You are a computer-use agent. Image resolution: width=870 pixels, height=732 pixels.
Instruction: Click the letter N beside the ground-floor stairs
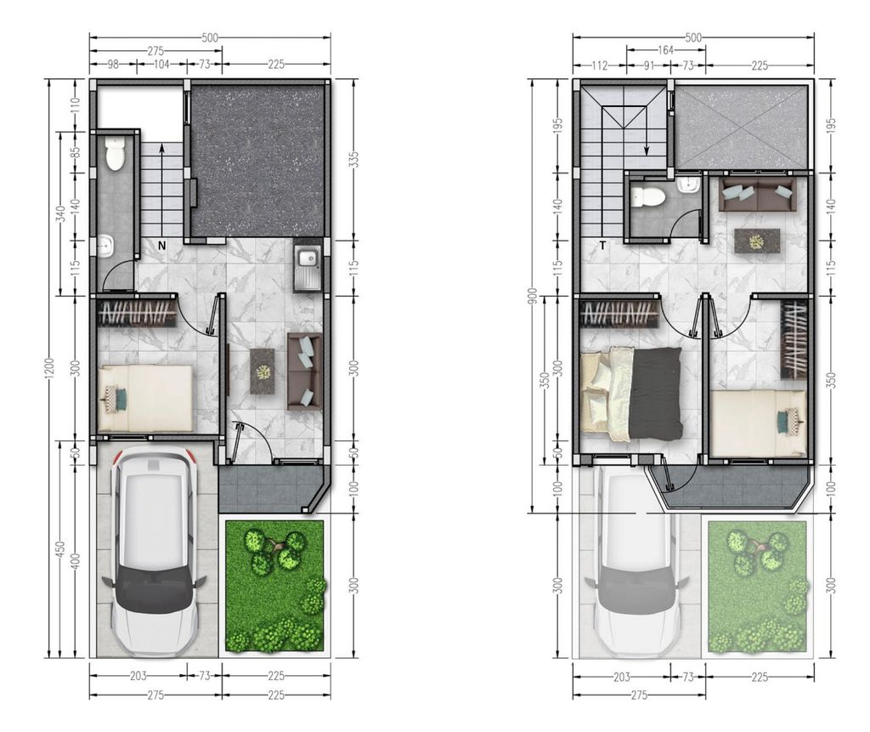tap(161, 246)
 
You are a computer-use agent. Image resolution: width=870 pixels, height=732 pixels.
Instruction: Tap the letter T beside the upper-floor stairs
tap(602, 246)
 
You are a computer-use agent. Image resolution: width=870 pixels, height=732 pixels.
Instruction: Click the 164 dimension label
tap(665, 50)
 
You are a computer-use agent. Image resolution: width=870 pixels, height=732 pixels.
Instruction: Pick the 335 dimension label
tap(353, 159)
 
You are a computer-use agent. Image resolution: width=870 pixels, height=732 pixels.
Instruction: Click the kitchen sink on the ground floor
tap(307, 267)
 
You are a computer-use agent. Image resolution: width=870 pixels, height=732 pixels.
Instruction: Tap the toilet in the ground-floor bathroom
tap(115, 155)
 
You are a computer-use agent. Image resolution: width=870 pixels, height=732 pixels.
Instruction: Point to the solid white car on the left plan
tap(154, 551)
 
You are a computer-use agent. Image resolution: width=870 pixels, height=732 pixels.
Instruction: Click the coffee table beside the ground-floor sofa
tap(263, 372)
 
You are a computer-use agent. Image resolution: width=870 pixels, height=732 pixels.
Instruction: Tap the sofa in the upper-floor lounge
tap(756, 194)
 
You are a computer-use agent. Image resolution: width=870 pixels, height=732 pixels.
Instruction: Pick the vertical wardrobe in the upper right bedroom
tap(793, 339)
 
